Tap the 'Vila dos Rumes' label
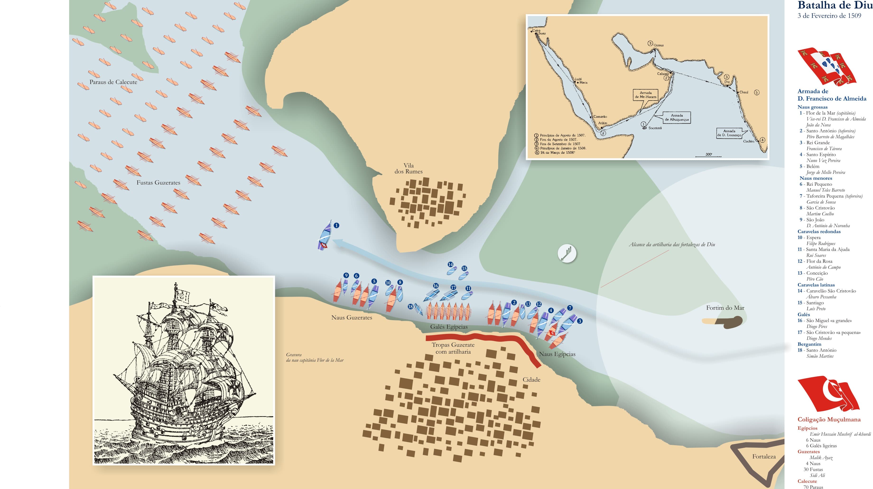408,168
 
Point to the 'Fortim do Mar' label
725,308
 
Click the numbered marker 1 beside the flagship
336,225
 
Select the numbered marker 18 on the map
410,307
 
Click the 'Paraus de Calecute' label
113,82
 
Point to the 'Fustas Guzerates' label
158,183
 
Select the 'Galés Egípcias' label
449,327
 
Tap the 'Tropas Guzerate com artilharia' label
453,348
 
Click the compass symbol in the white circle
567,254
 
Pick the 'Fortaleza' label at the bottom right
764,457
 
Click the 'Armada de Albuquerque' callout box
676,118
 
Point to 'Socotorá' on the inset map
655,128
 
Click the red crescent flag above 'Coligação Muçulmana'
828,393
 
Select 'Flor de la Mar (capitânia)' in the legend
830,113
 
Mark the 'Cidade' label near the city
531,379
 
